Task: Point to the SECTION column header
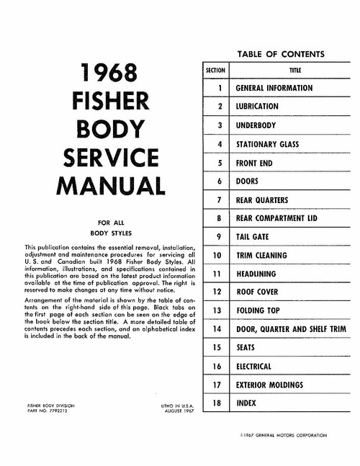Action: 216,71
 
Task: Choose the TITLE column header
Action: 295,71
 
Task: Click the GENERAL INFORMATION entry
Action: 274,88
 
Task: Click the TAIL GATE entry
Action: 253,236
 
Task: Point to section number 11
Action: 217,274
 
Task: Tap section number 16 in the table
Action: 217,367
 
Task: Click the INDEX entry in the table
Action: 246,404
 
